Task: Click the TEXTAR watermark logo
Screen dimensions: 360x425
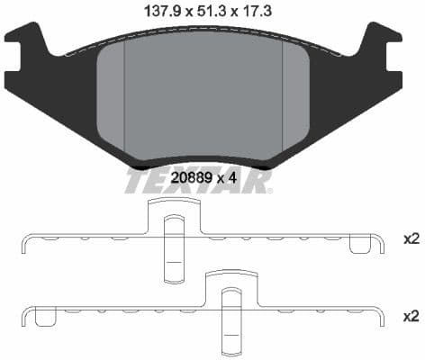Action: point(197,182)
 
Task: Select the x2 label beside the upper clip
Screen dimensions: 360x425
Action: point(411,239)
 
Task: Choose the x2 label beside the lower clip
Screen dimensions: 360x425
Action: point(411,316)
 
